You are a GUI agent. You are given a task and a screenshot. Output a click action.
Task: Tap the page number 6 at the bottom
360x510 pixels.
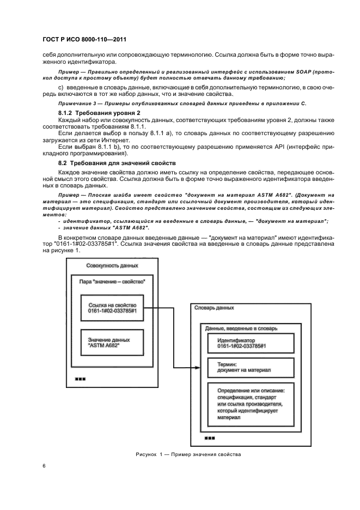[x=44, y=466]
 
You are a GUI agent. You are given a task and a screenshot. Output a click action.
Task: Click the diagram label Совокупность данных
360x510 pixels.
[x=112, y=265]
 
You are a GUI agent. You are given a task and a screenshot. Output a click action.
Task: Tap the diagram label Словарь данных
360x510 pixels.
[x=215, y=308]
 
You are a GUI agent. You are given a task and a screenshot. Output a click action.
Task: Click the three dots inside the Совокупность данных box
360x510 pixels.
[x=80, y=379]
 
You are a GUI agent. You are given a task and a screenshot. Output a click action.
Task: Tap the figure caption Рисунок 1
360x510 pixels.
[x=187, y=454]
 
